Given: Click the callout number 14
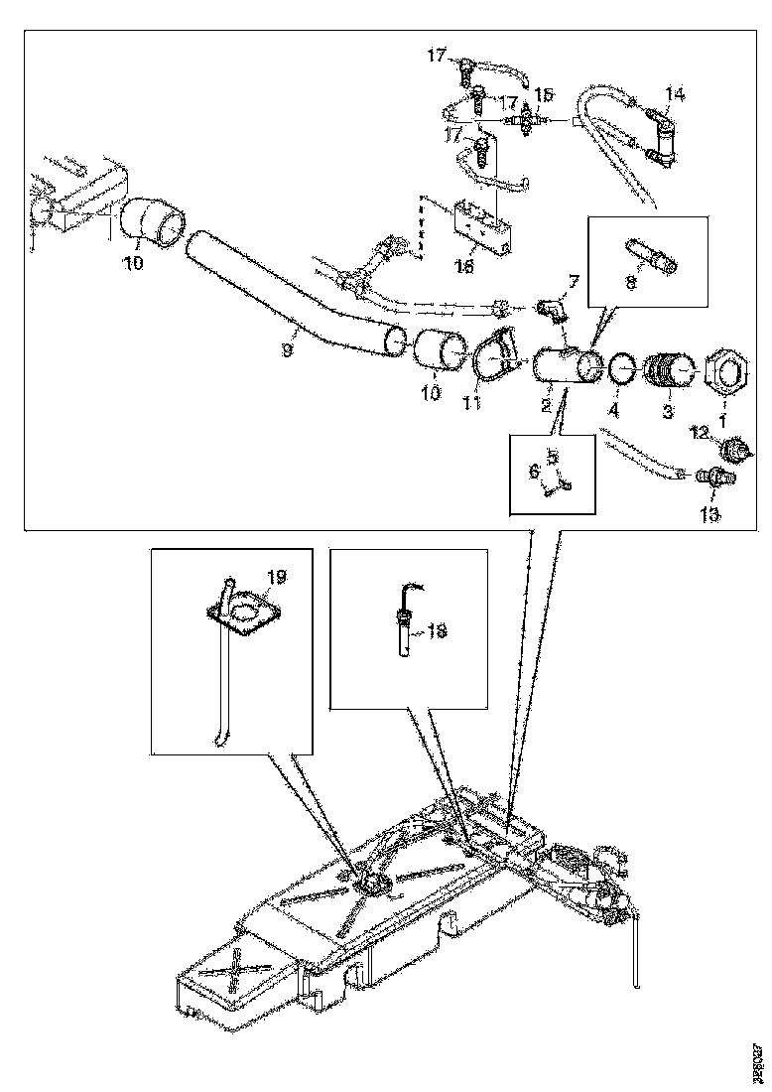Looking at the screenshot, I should (x=674, y=94).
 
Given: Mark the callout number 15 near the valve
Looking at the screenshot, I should (x=544, y=94).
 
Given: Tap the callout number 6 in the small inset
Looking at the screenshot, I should (x=535, y=473).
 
